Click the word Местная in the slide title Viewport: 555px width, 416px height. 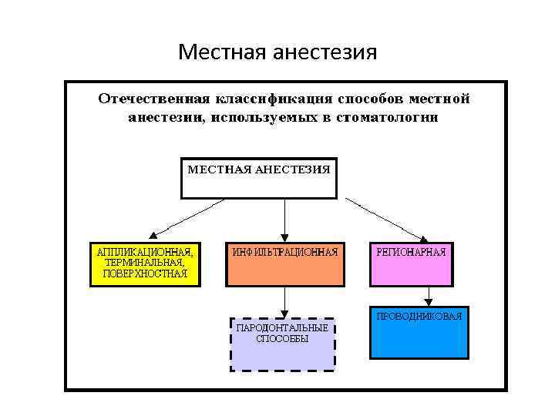click(x=218, y=52)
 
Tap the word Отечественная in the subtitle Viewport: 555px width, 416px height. click(x=153, y=99)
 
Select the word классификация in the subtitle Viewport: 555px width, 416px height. click(x=271, y=99)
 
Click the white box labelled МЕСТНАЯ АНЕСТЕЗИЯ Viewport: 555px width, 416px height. click(x=259, y=178)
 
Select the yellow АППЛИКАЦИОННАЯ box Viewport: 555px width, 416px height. click(x=145, y=264)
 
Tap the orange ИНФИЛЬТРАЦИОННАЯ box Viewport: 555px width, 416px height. click(x=285, y=264)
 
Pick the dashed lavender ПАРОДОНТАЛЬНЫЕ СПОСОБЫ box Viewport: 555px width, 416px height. click(x=282, y=344)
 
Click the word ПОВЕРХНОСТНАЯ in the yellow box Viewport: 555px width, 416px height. click(x=145, y=273)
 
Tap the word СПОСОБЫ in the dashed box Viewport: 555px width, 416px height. click(x=282, y=339)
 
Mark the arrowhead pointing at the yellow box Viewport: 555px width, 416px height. click(x=153, y=236)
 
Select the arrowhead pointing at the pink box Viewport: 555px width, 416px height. click(x=422, y=237)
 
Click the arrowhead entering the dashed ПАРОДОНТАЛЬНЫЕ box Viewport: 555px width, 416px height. click(x=285, y=312)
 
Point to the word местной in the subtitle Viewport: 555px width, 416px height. click(x=439, y=99)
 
